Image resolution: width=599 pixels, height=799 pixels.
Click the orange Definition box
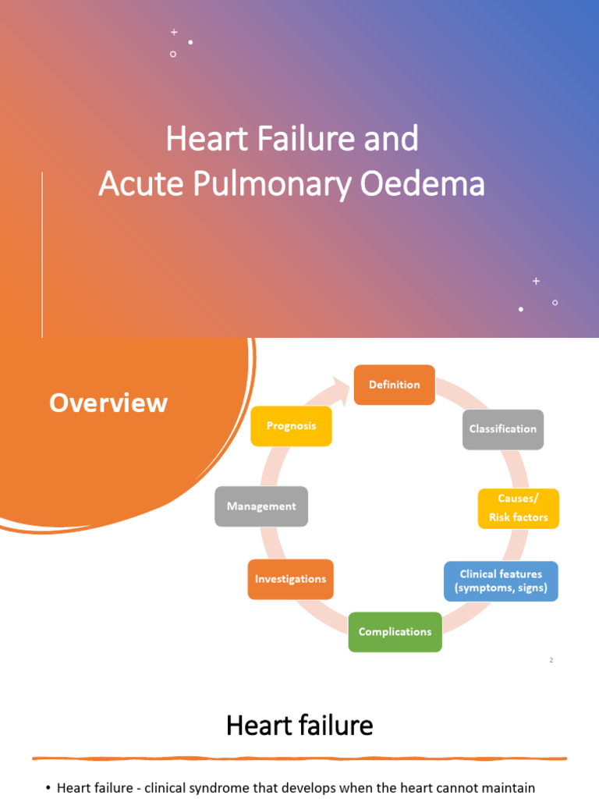coord(394,385)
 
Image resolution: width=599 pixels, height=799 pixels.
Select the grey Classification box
coord(502,429)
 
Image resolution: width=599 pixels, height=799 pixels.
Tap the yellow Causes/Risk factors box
coord(518,508)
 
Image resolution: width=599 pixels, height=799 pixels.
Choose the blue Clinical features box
coord(501,581)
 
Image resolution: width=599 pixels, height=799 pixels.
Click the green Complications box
coord(395,632)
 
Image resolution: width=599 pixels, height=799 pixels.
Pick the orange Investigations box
coord(290,579)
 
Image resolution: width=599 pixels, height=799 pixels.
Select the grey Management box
coord(261,506)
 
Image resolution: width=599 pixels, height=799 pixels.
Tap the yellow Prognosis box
coord(290,426)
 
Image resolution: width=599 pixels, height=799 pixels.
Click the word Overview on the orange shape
coord(108,403)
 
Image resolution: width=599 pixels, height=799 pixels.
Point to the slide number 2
coord(551,660)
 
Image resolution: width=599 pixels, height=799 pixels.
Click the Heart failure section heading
coord(299,726)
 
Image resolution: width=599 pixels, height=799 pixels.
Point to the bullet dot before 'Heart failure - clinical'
coord(48,788)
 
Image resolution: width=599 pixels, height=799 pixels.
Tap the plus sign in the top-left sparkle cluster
coord(174,32)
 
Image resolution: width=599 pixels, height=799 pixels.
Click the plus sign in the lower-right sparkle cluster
coord(536,281)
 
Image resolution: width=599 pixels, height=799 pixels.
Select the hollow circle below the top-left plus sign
coord(173,54)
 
